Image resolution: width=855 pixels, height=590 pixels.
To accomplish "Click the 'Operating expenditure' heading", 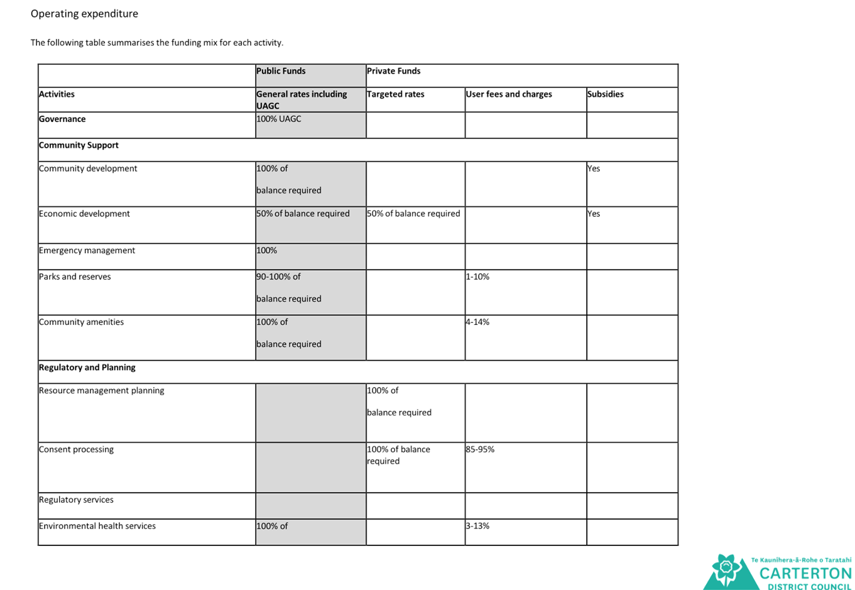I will [84, 14].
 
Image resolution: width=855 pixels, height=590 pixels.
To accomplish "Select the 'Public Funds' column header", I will [281, 71].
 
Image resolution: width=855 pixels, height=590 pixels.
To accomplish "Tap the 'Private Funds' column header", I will [394, 71].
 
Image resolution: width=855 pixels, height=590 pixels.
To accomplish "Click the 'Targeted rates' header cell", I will [396, 94].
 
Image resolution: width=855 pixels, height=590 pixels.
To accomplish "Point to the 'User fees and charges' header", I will [509, 94].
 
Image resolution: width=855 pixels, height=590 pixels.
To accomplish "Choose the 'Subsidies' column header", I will [606, 94].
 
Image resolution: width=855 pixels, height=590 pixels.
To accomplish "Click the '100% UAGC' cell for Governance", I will [279, 119].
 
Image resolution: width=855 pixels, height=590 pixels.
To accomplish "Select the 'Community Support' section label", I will [79, 145].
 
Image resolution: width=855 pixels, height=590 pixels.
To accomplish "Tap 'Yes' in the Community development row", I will [594, 168].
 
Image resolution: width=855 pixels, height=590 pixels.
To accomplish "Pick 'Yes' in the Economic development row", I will [594, 214].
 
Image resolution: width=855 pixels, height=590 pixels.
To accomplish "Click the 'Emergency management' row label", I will [87, 251].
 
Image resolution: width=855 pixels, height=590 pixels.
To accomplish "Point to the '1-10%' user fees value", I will [477, 276].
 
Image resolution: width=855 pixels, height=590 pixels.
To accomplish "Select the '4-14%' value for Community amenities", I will [477, 322].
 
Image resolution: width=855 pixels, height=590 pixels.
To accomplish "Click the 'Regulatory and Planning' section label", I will [87, 368].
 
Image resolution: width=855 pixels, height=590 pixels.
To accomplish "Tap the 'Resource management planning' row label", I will [101, 391].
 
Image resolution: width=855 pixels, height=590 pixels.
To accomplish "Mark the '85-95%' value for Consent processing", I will [480, 449].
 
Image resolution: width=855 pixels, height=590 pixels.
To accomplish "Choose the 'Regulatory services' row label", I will [76, 500].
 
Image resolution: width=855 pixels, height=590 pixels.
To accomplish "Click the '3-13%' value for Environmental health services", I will [477, 525].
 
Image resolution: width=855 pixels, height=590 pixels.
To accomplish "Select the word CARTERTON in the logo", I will [805, 574].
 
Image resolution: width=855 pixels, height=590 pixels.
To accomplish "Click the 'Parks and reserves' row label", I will [75, 276].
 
